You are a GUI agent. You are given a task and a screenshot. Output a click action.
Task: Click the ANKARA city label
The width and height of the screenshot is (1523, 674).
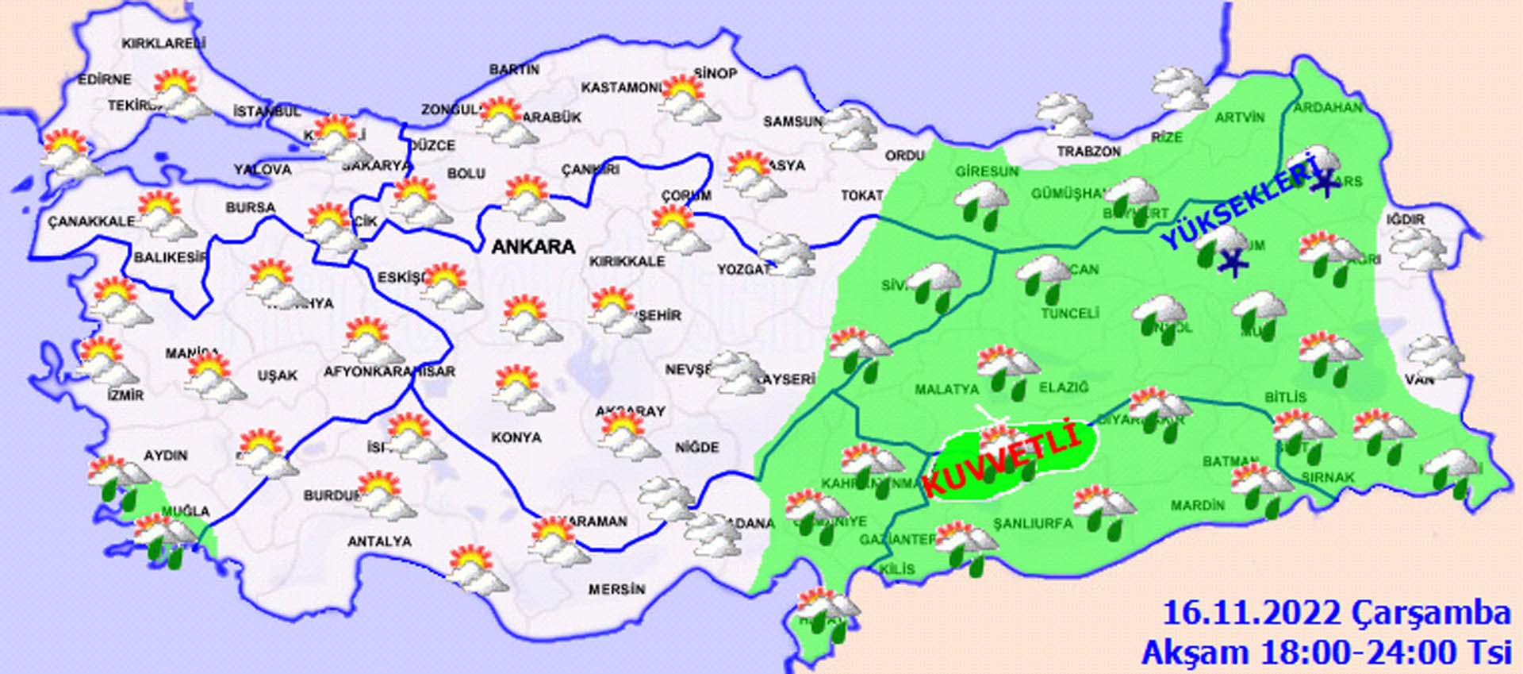[x=533, y=247]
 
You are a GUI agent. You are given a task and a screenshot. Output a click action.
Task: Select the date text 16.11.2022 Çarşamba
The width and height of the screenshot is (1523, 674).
[x=1336, y=614]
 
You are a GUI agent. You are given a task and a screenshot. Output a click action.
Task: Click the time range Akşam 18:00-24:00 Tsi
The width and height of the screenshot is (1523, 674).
[x=1325, y=652]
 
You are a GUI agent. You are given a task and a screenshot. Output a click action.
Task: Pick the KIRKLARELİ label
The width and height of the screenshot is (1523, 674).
[x=163, y=44]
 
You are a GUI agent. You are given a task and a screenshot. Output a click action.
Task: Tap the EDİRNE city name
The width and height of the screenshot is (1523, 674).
[x=105, y=79]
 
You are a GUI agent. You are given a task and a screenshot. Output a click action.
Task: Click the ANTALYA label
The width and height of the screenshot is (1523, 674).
[x=379, y=541]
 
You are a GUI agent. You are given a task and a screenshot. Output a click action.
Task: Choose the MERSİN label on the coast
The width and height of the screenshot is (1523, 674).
[x=616, y=589]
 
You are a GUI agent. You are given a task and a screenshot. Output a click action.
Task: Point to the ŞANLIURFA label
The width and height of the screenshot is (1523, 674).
[x=1033, y=523]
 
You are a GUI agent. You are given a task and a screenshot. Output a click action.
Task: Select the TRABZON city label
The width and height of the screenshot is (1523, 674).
[x=1088, y=151]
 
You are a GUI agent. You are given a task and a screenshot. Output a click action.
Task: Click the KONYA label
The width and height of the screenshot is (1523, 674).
[x=516, y=437]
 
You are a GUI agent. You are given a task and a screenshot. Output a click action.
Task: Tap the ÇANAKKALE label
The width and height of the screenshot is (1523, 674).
[x=90, y=221]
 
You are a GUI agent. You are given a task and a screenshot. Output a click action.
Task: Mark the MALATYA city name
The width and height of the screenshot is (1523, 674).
[x=946, y=390]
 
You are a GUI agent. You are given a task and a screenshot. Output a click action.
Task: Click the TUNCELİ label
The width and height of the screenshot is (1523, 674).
[x=1069, y=314]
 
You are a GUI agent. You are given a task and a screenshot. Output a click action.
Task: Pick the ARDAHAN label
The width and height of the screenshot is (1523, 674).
[x=1327, y=108]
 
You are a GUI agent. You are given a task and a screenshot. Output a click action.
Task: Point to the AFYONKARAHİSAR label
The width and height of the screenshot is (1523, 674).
[x=389, y=372]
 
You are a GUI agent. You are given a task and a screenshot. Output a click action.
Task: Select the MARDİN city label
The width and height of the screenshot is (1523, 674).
[x=1198, y=505]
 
